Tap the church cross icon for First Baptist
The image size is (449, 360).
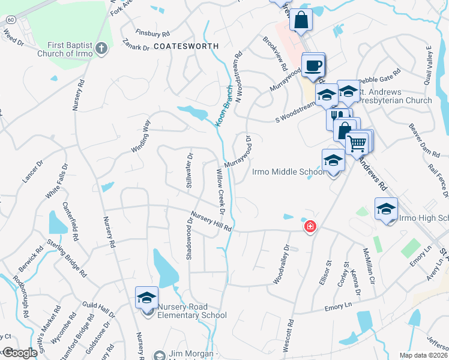point(102,48)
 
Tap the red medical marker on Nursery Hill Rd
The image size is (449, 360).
point(310,227)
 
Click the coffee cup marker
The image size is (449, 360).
point(312,65)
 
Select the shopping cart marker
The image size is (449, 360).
point(357,142)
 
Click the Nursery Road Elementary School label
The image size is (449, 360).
point(191,311)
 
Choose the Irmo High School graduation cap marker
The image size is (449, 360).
point(387,209)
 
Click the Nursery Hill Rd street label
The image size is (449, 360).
point(211,221)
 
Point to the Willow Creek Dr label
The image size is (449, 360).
point(218,191)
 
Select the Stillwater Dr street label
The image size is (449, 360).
point(189,170)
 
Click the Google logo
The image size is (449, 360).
point(20,353)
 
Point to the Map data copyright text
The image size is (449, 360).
point(424,355)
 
